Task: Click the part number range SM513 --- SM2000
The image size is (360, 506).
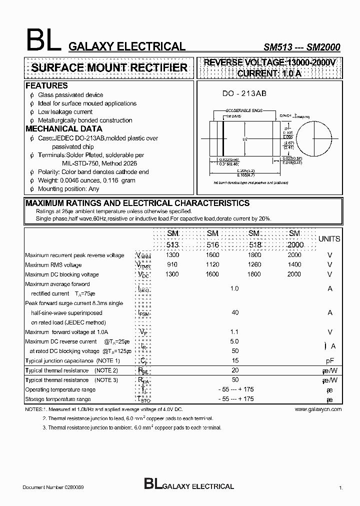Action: pos(301,47)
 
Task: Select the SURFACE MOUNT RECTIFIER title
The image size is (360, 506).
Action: pos(109,68)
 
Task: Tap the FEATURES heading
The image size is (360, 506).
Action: pos(46,86)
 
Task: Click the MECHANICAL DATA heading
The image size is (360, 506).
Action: pos(64,129)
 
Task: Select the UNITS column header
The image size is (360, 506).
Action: pos(329,239)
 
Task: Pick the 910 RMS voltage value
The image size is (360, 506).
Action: pos(172,264)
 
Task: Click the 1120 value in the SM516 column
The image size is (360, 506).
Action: pos(212,264)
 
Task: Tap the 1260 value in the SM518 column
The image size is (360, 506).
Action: pos(254,264)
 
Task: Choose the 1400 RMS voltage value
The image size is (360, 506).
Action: pos(294,264)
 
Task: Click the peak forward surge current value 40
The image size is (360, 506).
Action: pos(234,312)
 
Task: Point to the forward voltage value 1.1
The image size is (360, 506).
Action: pos(234,331)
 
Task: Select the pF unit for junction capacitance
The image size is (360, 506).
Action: pos(330,360)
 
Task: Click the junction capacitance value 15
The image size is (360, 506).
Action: pos(234,360)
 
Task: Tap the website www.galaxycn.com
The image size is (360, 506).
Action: pos(318,409)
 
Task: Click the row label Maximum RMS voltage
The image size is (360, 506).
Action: pos(53,265)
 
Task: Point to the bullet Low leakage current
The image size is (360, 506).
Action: pos(65,112)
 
